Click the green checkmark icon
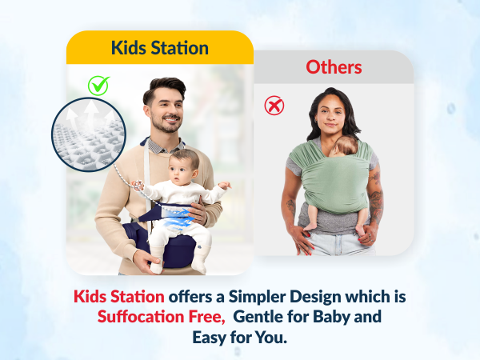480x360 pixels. (99, 84)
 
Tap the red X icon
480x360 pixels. (274, 105)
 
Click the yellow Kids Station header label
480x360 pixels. (160, 48)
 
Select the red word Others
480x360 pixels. (334, 66)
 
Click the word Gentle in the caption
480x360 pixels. (260, 316)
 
